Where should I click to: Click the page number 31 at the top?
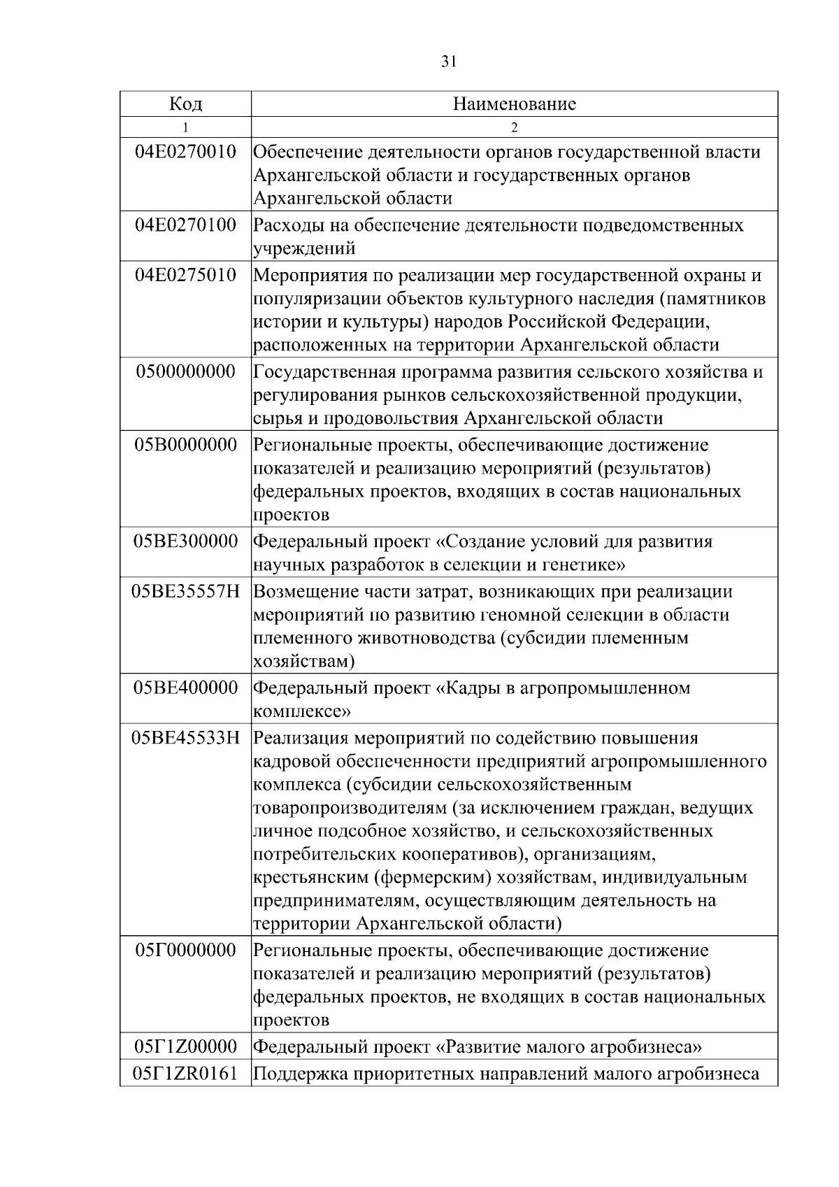tap(448, 62)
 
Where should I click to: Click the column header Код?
tap(185, 104)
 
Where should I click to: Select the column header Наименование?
tap(514, 104)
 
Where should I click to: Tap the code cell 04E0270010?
tap(185, 152)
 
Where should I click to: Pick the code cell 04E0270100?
tap(185, 225)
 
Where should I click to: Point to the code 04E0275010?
tap(185, 275)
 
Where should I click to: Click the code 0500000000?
tap(185, 371)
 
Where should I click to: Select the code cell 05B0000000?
tap(185, 445)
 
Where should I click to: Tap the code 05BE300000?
tap(185, 541)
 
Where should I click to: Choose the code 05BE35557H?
tap(185, 592)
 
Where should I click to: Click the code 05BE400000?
tap(185, 688)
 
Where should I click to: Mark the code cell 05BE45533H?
tap(185, 738)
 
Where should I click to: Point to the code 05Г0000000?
tap(185, 951)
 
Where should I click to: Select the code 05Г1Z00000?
tap(185, 1047)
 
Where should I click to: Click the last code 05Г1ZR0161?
tap(185, 1073)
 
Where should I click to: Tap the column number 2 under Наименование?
tap(514, 127)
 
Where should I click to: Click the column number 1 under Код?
tap(185, 127)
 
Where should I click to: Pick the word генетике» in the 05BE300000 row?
tap(587, 564)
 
